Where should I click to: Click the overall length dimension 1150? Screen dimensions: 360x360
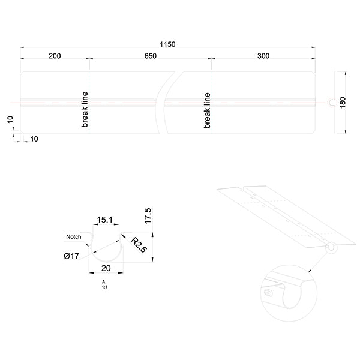[x=167, y=44]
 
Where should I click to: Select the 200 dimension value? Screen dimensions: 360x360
[x=55, y=56]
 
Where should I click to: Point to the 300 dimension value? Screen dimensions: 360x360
[x=263, y=56]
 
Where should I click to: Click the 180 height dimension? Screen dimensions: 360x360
[x=343, y=102]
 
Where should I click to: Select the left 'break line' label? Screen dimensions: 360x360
[x=85, y=110]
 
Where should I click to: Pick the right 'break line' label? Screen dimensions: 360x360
[x=207, y=110]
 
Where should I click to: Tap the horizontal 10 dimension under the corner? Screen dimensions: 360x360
[x=34, y=139]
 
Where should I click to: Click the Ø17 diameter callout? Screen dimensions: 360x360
[x=71, y=257]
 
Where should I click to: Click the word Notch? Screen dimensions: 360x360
[x=73, y=236]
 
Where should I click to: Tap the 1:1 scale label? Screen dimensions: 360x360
[x=104, y=287]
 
